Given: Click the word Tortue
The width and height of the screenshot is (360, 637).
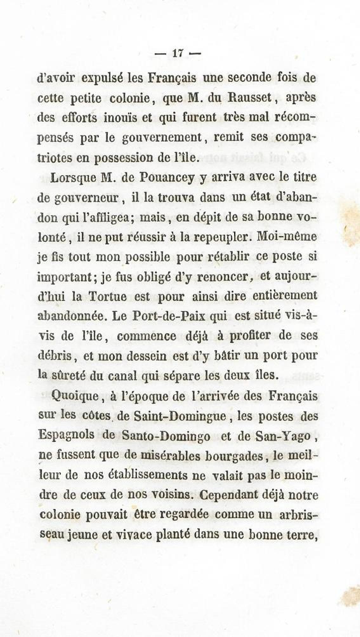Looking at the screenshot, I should [x=108, y=296].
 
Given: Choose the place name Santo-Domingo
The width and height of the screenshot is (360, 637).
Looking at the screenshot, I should [x=166, y=436].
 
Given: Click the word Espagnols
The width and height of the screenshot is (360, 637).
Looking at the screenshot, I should [x=66, y=435].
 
